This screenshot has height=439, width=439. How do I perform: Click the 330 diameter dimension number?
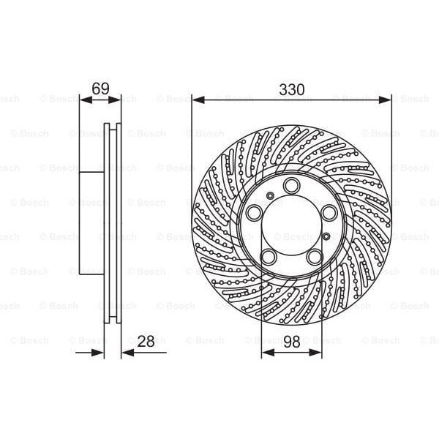click(x=291, y=89)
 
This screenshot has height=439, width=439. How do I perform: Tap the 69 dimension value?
click(x=100, y=89)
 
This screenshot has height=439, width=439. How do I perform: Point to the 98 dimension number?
click(x=291, y=341)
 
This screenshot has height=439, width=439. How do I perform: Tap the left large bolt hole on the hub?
click(x=255, y=212)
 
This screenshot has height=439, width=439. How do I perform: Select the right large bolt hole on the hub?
click(x=329, y=212)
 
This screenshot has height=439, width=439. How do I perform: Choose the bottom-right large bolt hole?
click(x=315, y=256)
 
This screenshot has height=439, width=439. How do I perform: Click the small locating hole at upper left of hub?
click(x=271, y=195)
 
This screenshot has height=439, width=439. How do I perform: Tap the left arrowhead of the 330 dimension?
click(x=196, y=100)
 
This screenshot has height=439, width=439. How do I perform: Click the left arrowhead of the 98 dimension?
click(x=266, y=352)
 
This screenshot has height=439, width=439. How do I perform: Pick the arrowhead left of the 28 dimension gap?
click(x=100, y=352)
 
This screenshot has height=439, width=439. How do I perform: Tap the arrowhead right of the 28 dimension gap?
click(x=126, y=352)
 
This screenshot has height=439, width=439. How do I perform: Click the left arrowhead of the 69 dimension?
click(x=83, y=100)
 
